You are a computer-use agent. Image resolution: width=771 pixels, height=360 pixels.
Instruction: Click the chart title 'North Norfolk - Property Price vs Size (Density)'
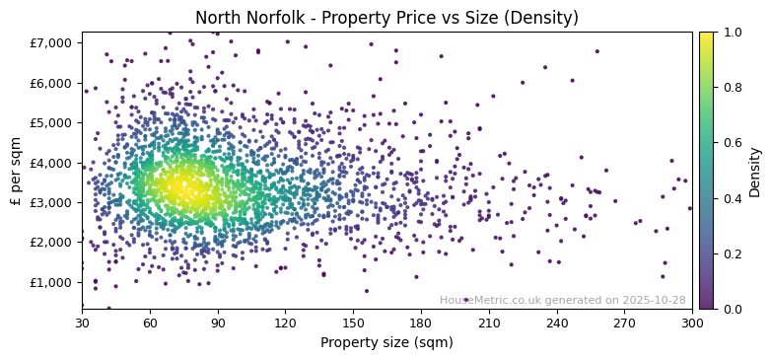385,18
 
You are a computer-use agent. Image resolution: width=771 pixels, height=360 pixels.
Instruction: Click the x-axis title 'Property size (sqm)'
385,343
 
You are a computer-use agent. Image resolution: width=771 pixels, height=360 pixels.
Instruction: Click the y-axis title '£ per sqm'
16,171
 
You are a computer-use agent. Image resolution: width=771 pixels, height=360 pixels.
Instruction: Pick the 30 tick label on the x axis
82,323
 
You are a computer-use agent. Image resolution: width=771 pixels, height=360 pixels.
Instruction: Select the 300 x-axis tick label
692,323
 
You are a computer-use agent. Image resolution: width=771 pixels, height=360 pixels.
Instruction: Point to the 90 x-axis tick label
218,323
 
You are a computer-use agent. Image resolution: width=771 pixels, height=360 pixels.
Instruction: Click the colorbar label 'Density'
754,171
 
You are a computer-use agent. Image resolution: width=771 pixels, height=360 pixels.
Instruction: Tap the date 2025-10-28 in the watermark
654,300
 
